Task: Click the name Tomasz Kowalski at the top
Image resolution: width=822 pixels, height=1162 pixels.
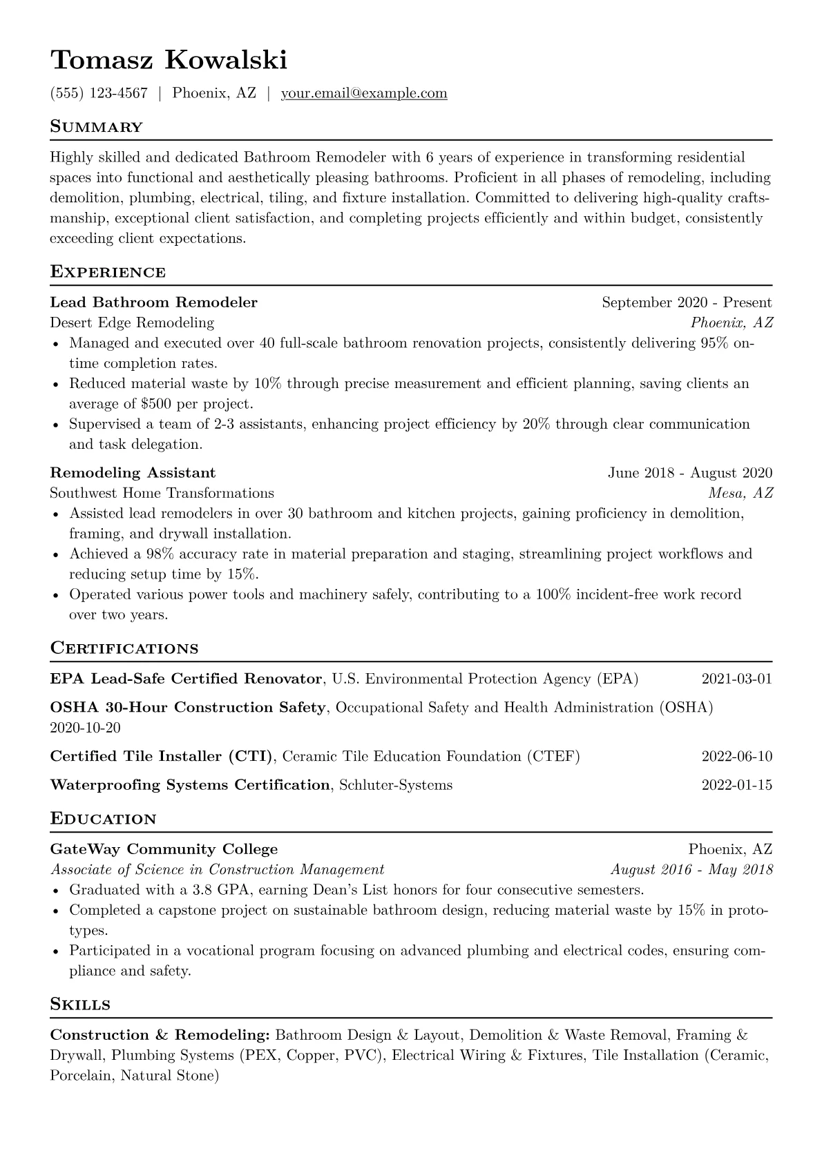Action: [169, 61]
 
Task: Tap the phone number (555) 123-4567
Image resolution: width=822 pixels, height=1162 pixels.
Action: [99, 93]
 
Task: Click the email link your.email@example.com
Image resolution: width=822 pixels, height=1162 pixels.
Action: [363, 93]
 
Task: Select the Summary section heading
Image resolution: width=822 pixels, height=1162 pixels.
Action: [96, 127]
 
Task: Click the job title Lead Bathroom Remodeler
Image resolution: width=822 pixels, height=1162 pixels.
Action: [153, 302]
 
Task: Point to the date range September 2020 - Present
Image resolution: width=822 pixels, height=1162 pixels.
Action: [687, 302]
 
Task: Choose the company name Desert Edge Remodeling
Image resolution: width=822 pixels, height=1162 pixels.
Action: [132, 322]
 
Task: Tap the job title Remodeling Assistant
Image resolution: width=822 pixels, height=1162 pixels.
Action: [133, 473]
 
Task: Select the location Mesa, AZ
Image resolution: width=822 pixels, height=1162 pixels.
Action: [740, 493]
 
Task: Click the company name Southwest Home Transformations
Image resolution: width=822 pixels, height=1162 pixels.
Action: [162, 493]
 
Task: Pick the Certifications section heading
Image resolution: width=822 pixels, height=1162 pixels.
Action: [124, 649]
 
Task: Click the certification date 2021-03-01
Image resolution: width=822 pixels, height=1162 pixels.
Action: [736, 679]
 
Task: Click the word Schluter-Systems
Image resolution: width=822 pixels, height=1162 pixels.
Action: [396, 785]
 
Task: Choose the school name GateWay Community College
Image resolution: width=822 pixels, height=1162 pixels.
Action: [164, 850]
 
